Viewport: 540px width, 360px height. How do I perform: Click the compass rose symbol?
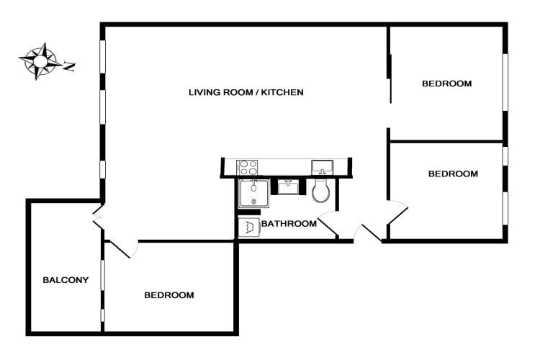pyautogui.click(x=41, y=60)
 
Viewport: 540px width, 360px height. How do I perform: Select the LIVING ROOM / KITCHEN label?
pyautogui.click(x=246, y=92)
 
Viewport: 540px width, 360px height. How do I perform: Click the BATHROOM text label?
pyautogui.click(x=289, y=224)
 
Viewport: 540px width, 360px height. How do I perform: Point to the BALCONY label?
pyautogui.click(x=66, y=280)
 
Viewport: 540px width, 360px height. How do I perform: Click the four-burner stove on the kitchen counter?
pyautogui.click(x=248, y=168)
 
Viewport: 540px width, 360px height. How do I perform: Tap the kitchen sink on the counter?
pyautogui.click(x=322, y=168)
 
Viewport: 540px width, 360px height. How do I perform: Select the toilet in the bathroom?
pyautogui.click(x=321, y=191)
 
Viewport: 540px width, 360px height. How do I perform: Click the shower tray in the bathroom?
pyautogui.click(x=253, y=193)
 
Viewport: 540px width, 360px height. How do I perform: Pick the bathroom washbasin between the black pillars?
pyautogui.click(x=289, y=186)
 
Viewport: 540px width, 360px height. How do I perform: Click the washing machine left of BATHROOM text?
pyautogui.click(x=248, y=228)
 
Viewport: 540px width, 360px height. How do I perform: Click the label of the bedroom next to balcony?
pyautogui.click(x=169, y=295)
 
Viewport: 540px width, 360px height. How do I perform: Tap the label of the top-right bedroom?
pyautogui.click(x=446, y=84)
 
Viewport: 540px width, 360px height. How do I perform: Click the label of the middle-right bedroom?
pyautogui.click(x=453, y=174)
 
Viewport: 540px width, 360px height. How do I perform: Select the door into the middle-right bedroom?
pyautogui.click(x=397, y=212)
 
